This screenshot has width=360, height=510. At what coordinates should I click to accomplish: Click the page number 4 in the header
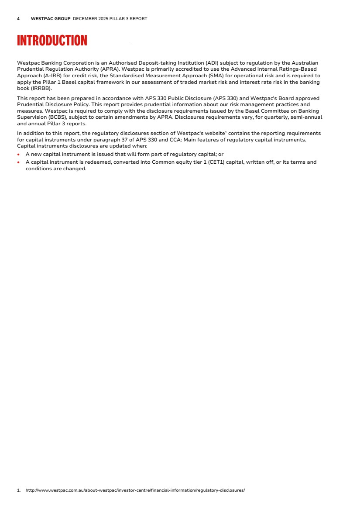(x=18, y=19)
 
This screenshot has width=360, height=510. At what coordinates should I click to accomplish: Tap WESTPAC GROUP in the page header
(x=51, y=19)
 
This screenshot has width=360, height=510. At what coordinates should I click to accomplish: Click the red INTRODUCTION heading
(x=52, y=41)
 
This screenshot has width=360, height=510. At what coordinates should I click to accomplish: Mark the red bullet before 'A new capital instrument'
(x=18, y=155)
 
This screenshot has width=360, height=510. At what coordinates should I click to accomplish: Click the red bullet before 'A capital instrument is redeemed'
(x=18, y=162)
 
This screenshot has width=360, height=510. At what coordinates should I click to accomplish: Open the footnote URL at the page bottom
(x=135, y=490)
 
